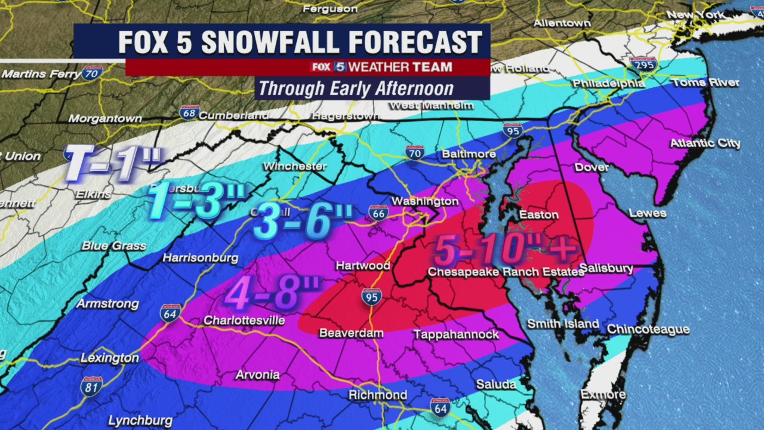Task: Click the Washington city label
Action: coord(425,201)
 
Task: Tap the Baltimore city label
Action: coord(469,154)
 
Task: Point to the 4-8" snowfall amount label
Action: coord(272,293)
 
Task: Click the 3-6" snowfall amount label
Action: coord(303,222)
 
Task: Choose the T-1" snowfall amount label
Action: coord(113,163)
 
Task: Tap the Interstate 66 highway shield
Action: coord(378,212)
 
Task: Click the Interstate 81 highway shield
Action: coord(91,386)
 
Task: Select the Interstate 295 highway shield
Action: coord(643,64)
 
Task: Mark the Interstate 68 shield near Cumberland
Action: coord(189,112)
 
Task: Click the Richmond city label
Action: coord(378,395)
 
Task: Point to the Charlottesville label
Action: coord(244,321)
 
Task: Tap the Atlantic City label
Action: coord(705,143)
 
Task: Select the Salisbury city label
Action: coord(606,269)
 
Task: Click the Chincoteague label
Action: coord(648,330)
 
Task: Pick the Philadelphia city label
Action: coord(609,84)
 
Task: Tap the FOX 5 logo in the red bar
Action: coord(328,67)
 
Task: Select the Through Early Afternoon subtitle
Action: coord(356,88)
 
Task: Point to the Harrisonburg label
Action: coord(201,258)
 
